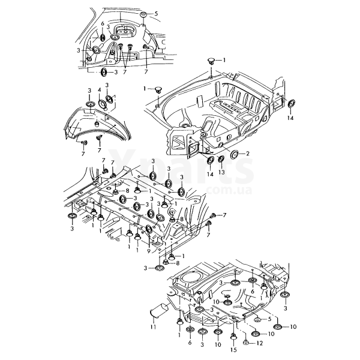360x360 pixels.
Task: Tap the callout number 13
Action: pyautogui.click(x=221, y=172)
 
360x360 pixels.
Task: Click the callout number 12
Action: pyautogui.click(x=260, y=343)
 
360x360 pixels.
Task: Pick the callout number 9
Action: pyautogui.click(x=148, y=251)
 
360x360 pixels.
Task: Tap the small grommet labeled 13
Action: pyautogui.click(x=221, y=159)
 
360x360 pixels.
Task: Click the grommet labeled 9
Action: pyautogui.click(x=150, y=230)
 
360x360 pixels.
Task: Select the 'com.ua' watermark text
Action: pyautogui.click(x=223, y=191)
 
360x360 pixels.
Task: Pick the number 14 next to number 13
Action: pyautogui.click(x=211, y=173)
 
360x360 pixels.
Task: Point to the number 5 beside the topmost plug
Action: pyautogui.click(x=156, y=13)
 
